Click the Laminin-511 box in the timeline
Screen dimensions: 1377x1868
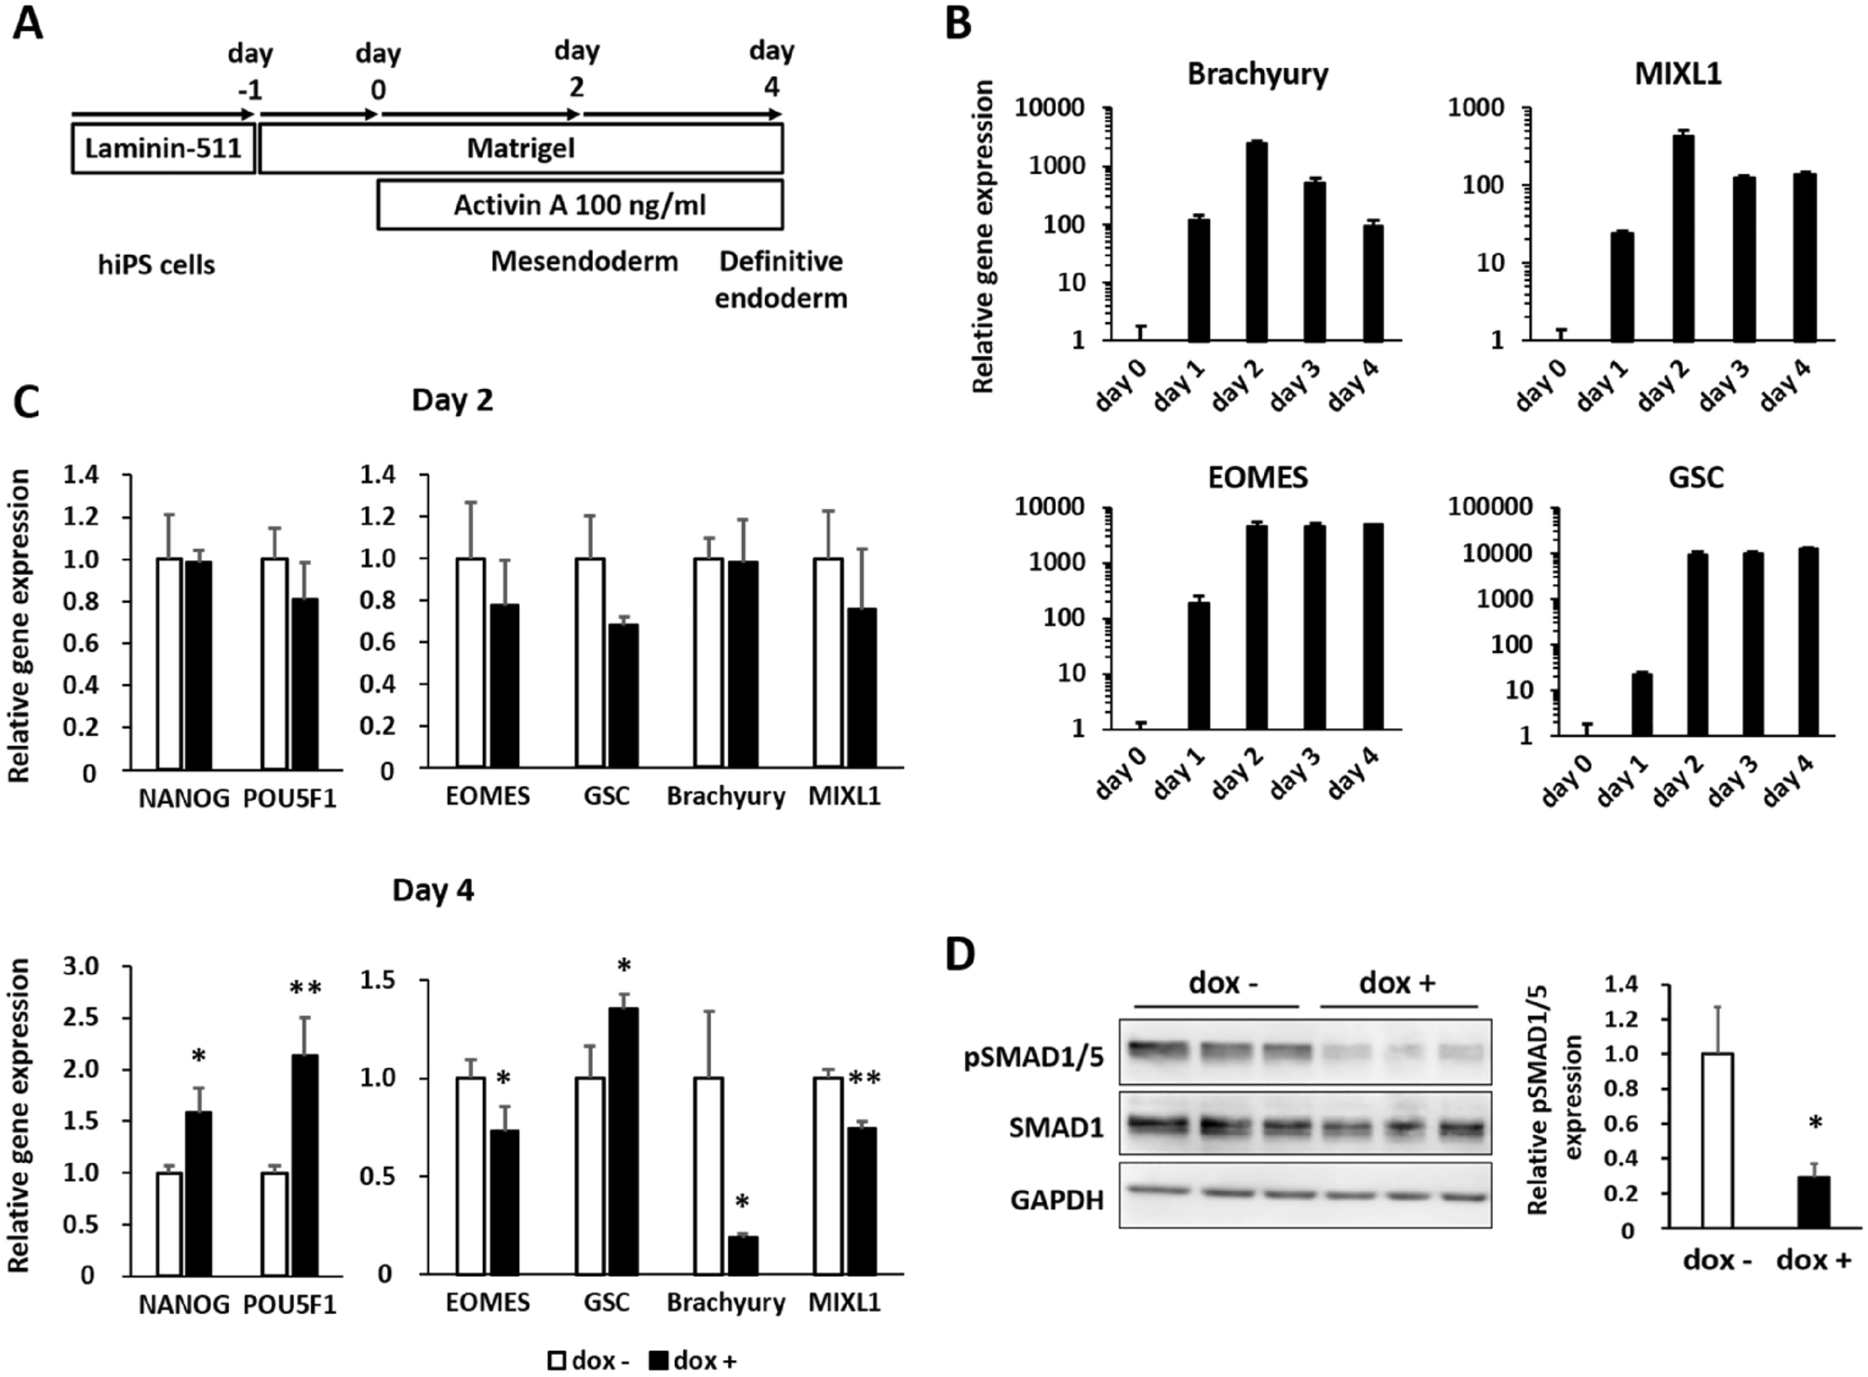pos(163,149)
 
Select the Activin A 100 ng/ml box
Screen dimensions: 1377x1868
pos(579,205)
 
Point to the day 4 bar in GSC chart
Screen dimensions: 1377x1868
pos(1808,642)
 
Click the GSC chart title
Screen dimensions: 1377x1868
pos(1696,477)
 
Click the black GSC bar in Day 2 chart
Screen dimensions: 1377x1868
pos(623,696)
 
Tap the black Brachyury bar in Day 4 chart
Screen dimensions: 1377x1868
pos(742,1255)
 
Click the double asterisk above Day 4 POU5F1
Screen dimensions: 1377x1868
pos(304,988)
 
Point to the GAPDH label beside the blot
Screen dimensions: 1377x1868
pos(1057,1200)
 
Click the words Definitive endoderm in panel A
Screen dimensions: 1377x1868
pos(782,279)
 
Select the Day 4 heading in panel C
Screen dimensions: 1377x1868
pos(433,890)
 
